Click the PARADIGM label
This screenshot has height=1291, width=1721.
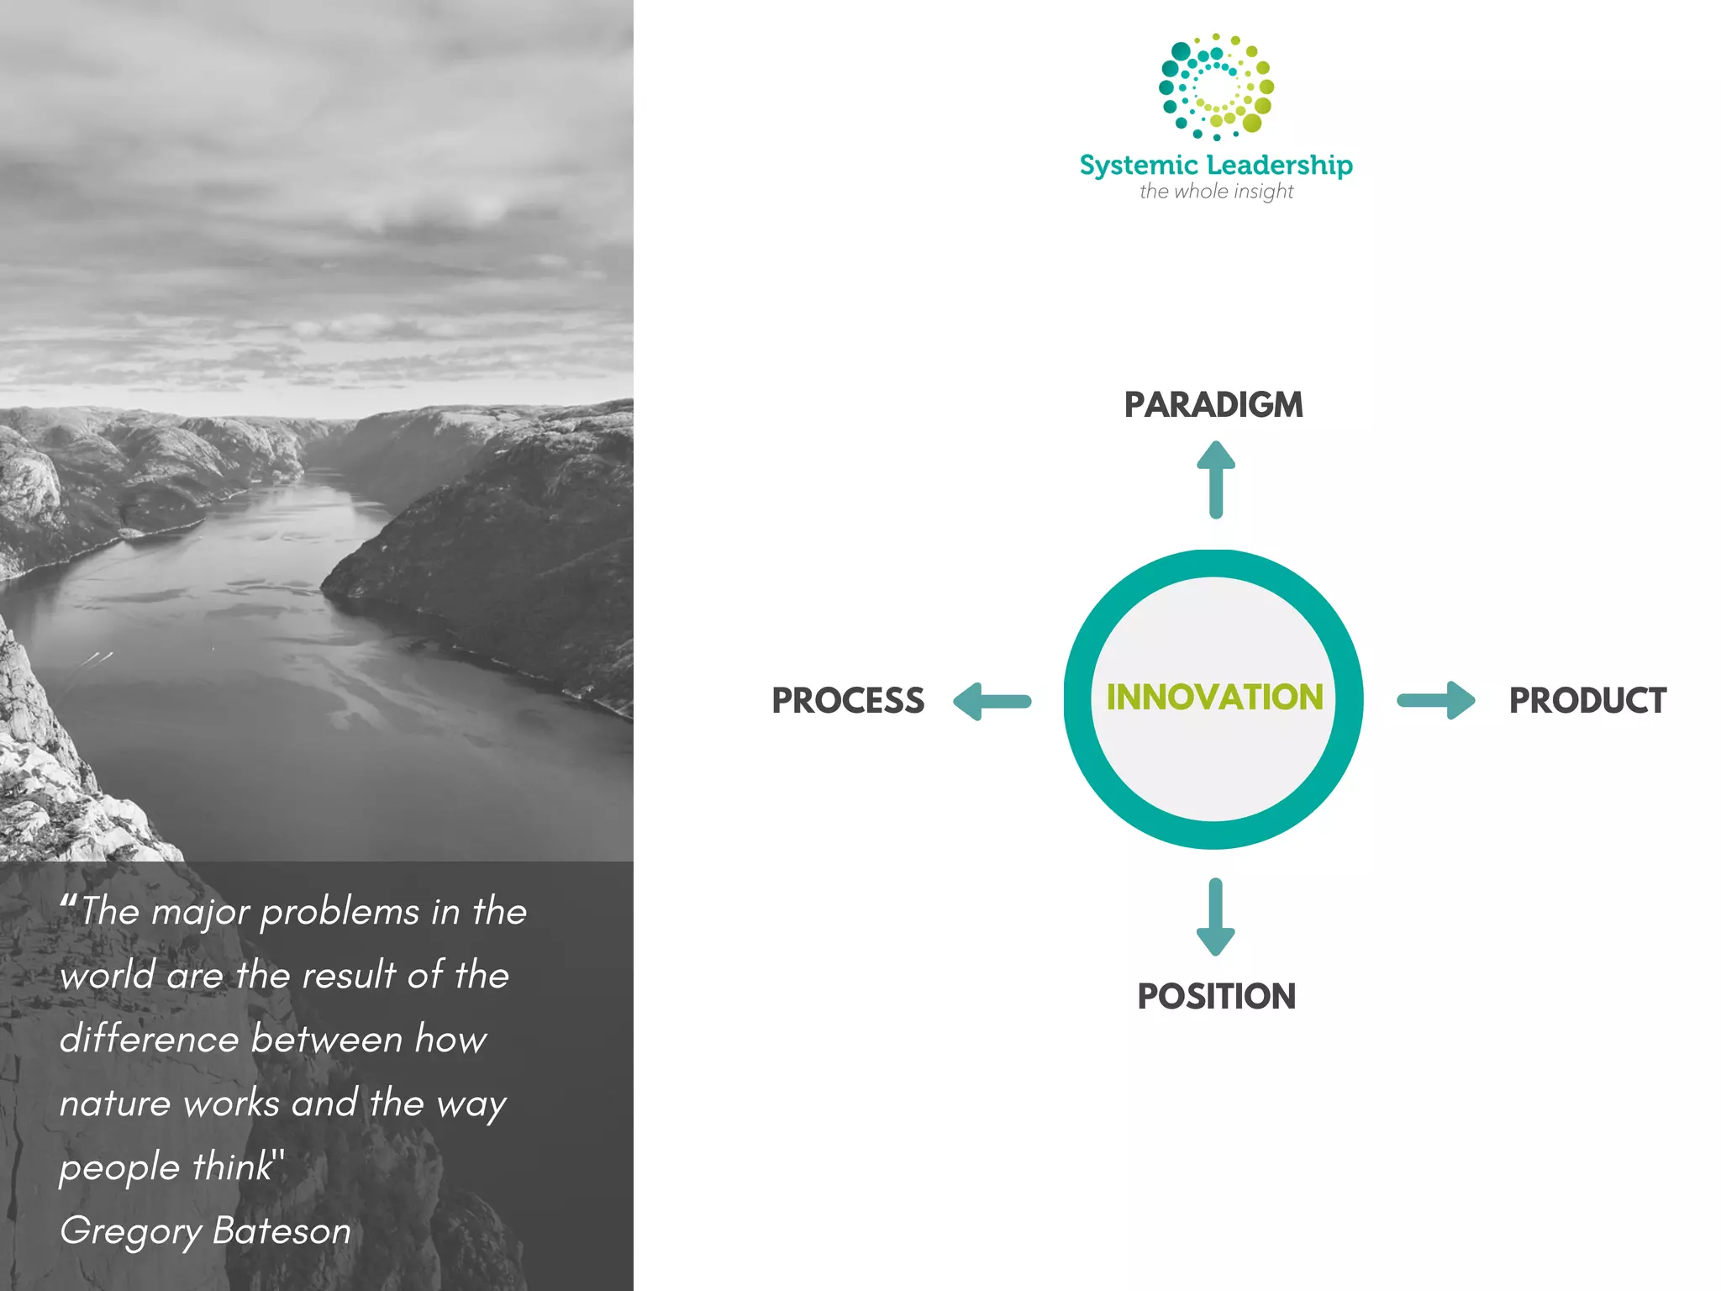pyautogui.click(x=1213, y=405)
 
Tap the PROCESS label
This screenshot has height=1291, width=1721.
pyautogui.click(x=848, y=701)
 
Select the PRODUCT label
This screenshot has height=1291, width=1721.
pyautogui.click(x=1587, y=701)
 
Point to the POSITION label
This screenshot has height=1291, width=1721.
pyautogui.click(x=1216, y=997)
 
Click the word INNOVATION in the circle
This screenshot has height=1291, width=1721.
pyautogui.click(x=1214, y=698)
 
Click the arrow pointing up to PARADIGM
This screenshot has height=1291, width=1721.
pyautogui.click(x=1216, y=479)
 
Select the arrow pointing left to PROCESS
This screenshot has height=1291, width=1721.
pyautogui.click(x=992, y=701)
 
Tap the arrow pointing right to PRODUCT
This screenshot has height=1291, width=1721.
pyautogui.click(x=1436, y=700)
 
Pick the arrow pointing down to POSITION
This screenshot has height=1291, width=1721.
pyautogui.click(x=1216, y=917)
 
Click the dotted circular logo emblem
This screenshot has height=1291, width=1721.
pyautogui.click(x=1216, y=87)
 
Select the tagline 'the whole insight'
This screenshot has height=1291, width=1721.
pyautogui.click(x=1216, y=192)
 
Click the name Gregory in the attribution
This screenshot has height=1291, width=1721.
pyautogui.click(x=130, y=1231)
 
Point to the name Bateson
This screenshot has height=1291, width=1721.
pyautogui.click(x=282, y=1231)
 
